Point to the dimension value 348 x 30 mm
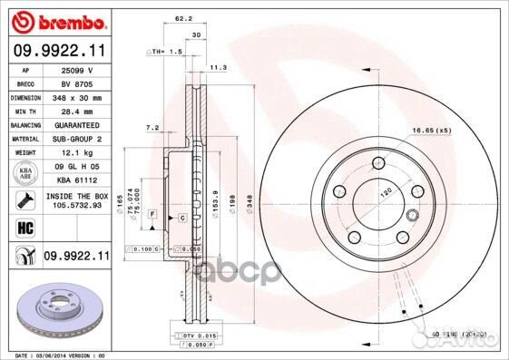click(x=76, y=96)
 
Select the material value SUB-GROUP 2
click(x=76, y=139)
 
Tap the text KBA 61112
click(x=76, y=180)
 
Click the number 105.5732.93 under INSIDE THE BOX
click(x=76, y=205)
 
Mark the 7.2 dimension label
click(x=152, y=128)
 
